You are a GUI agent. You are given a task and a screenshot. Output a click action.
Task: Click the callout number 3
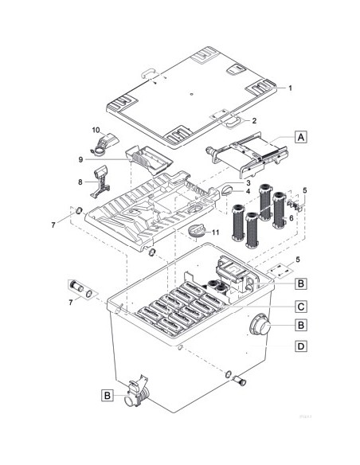(x=248, y=183)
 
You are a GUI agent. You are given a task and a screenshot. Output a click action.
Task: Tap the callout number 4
(x=248, y=191)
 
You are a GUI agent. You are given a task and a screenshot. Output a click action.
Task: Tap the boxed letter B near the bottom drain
(x=107, y=393)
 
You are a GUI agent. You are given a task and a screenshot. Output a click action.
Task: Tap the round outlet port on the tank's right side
(x=260, y=327)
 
